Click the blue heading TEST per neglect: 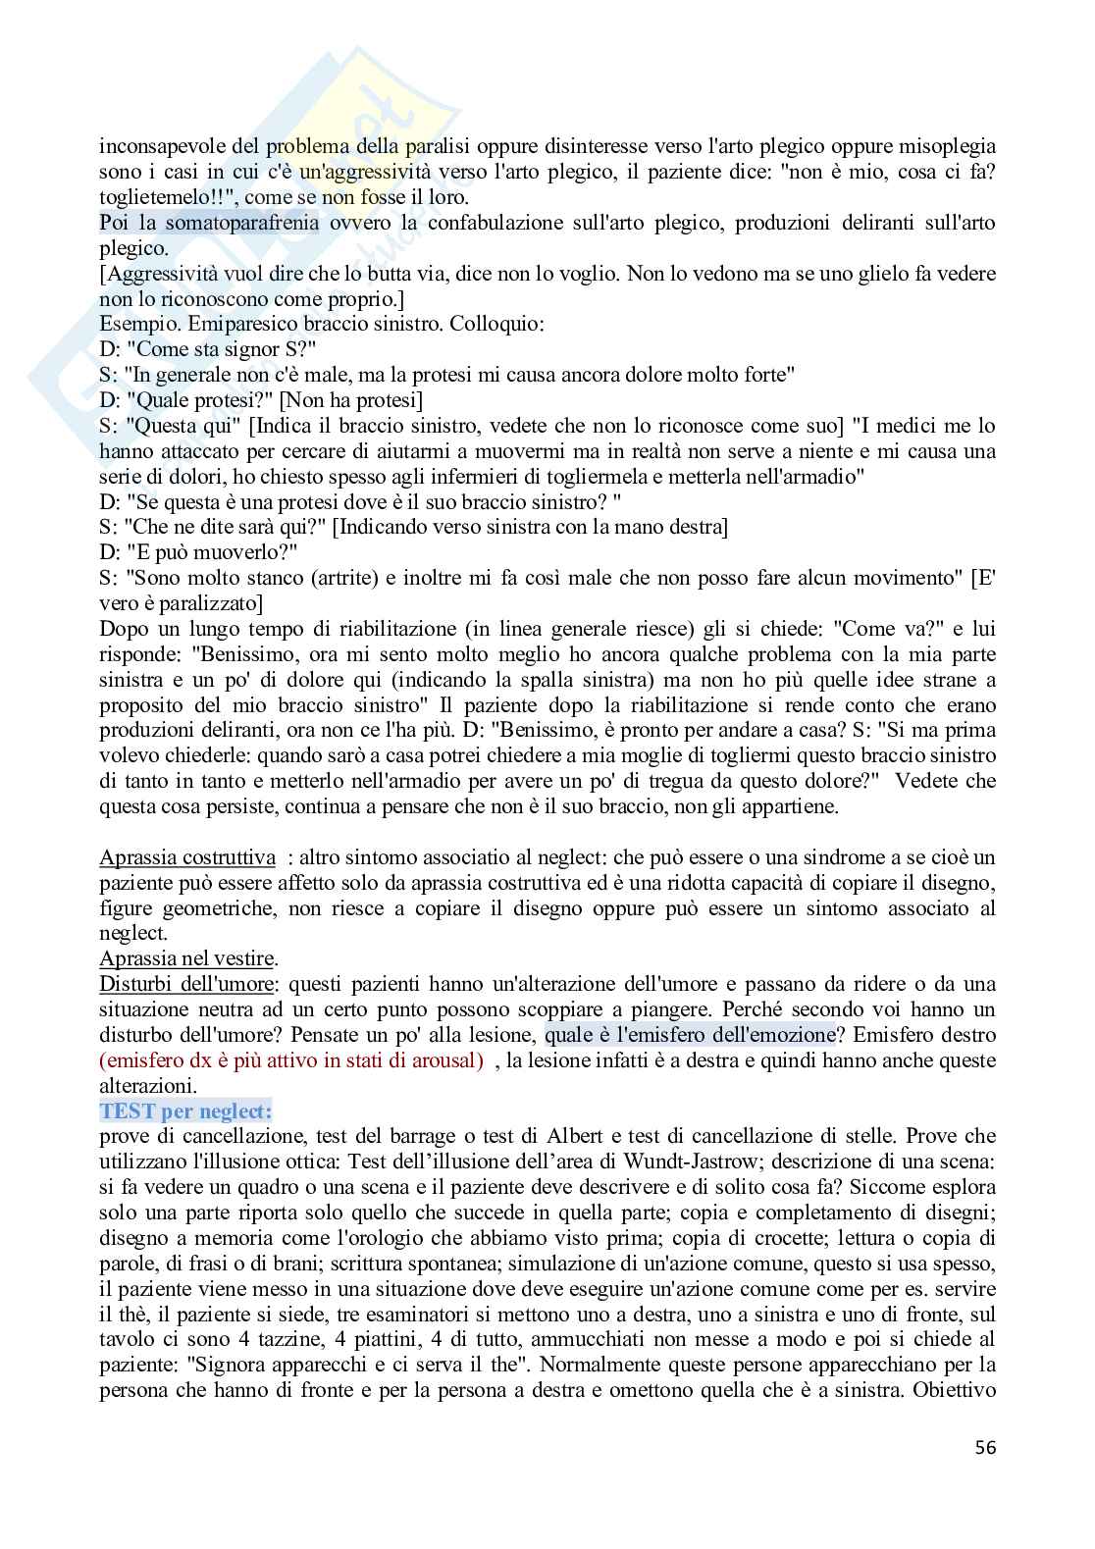pyautogui.click(x=185, y=1111)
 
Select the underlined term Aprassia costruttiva pyautogui.click(x=186, y=857)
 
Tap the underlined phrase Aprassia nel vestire pyautogui.click(x=187, y=958)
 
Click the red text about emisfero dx pyautogui.click(x=291, y=1060)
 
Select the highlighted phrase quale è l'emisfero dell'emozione pyautogui.click(x=689, y=1035)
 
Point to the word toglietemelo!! pyautogui.click(x=150, y=197)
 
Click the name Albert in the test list pyautogui.click(x=537, y=1137)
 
